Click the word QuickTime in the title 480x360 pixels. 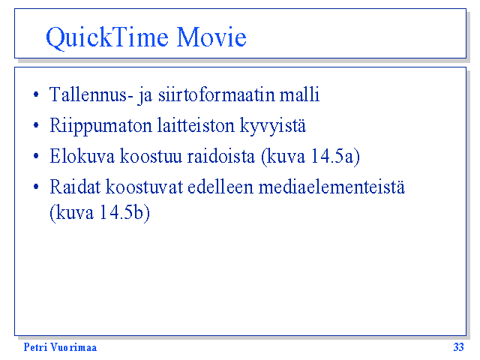107,38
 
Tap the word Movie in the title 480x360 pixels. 211,37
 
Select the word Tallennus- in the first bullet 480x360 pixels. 91,94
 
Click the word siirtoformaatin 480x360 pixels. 217,94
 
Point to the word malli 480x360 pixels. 300,94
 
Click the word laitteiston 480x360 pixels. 196,125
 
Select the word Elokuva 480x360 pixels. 82,156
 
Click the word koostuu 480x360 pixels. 151,156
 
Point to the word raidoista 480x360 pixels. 221,156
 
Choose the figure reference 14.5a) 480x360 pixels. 335,157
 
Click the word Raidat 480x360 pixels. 75,187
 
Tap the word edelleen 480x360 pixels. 220,187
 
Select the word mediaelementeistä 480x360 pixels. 331,187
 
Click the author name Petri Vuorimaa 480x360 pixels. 60,347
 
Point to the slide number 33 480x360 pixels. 458,347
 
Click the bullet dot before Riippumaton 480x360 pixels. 36,125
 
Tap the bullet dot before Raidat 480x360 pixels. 36,187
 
